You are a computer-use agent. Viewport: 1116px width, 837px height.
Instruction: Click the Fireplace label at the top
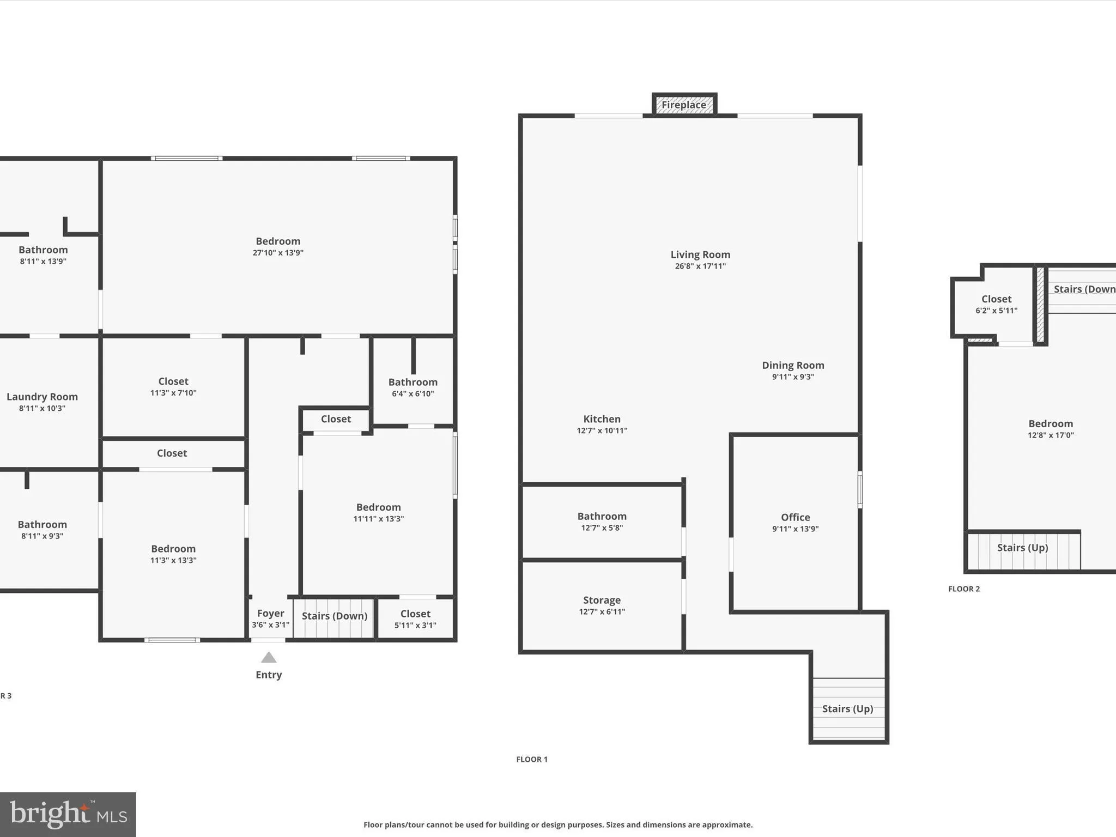[684, 105]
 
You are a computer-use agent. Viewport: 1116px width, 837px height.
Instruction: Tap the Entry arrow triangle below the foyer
[269, 658]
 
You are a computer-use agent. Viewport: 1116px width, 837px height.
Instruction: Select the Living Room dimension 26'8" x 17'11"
[700, 266]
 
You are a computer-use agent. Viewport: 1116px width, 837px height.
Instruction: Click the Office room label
[795, 517]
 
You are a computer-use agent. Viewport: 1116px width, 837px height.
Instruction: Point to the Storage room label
[602, 600]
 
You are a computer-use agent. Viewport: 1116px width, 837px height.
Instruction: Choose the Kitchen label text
[602, 419]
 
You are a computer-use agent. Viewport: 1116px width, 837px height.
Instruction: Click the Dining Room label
[793, 365]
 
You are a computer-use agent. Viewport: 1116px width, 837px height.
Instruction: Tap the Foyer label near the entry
[270, 614]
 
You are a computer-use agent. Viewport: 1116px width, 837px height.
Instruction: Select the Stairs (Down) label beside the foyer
[335, 616]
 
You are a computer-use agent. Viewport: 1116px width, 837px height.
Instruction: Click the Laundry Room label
[42, 397]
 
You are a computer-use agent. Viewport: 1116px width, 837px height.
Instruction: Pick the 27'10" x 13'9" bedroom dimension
[278, 253]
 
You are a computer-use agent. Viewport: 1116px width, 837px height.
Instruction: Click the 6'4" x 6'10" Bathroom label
[413, 383]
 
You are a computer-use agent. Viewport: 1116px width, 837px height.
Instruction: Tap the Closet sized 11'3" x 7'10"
[173, 381]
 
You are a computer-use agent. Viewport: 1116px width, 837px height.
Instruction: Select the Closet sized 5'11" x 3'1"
[415, 614]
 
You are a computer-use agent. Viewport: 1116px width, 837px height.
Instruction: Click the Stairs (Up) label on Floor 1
[847, 708]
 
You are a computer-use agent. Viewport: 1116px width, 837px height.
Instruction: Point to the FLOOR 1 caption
[532, 759]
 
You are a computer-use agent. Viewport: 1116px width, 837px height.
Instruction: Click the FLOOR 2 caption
[964, 589]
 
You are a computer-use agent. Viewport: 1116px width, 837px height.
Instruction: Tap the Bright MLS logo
[68, 814]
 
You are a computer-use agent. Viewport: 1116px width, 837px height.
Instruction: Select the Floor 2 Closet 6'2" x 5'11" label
[996, 299]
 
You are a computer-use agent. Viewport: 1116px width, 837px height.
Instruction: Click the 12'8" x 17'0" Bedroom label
[1051, 424]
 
